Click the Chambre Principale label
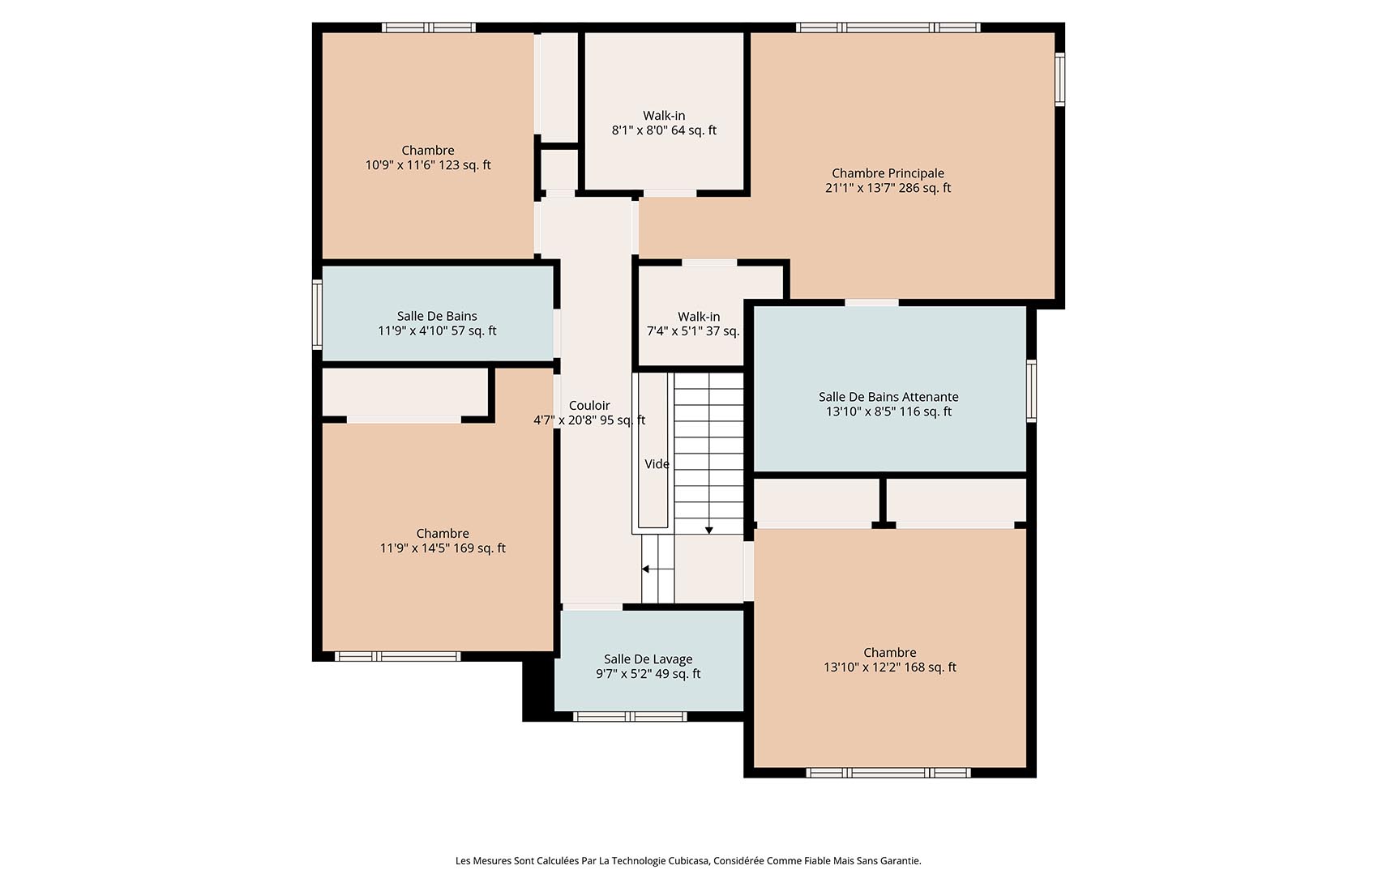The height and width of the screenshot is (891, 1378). [x=888, y=173]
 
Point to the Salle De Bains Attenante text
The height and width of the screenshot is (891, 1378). [x=888, y=397]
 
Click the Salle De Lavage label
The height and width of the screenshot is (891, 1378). [x=648, y=659]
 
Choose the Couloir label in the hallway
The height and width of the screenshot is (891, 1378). [x=589, y=406]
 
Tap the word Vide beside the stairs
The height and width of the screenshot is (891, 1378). [x=657, y=464]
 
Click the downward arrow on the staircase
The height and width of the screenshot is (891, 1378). [x=708, y=530]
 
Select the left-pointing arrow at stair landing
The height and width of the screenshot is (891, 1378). [x=646, y=569]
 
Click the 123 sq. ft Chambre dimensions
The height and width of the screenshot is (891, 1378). [x=428, y=165]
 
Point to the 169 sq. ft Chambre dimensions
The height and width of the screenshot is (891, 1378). [x=443, y=548]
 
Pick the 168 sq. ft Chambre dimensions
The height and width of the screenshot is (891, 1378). [x=889, y=667]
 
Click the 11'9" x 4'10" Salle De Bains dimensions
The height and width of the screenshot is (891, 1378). [x=437, y=330]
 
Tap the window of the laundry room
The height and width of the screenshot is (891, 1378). [x=630, y=716]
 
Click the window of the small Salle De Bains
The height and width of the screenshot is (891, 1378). [x=318, y=314]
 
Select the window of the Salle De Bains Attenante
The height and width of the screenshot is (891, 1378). [x=1031, y=391]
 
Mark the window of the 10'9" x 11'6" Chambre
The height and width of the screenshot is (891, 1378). [x=428, y=28]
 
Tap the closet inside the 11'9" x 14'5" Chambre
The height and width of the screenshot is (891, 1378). [x=404, y=393]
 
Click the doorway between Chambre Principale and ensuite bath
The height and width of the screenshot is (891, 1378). [x=871, y=303]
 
